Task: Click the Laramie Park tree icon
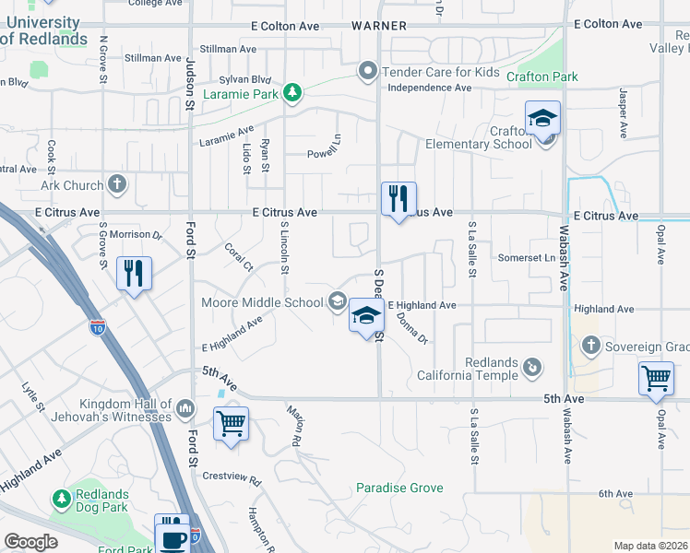coord(292,92)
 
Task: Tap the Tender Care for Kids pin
coord(367,71)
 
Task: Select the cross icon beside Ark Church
coord(116,184)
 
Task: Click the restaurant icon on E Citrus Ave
coord(399,197)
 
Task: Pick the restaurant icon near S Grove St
coord(135,272)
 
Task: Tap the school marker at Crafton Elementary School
coord(543,119)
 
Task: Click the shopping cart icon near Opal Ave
coord(656,377)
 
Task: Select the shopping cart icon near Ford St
coord(231,424)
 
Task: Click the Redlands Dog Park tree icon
coord(62,499)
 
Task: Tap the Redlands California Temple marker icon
coord(531,367)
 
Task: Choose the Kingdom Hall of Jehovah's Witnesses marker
coord(185,406)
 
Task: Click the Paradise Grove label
coord(400,488)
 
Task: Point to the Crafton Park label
coord(542,76)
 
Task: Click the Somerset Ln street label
coord(523,258)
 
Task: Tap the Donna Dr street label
coord(412,327)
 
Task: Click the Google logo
coord(31,542)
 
